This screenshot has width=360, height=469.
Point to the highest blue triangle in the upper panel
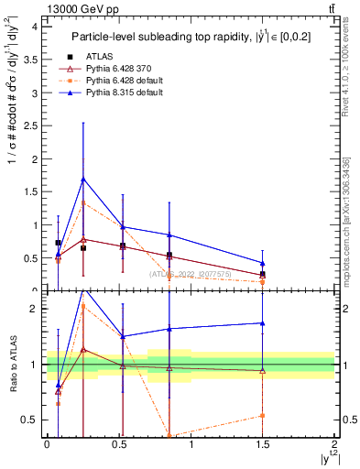tap(83, 179)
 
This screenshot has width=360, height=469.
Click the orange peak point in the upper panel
tap(83, 202)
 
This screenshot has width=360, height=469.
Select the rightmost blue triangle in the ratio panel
tap(262, 322)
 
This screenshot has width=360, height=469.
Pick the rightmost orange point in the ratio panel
tap(262, 416)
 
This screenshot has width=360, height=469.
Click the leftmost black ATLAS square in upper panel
tap(59, 243)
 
